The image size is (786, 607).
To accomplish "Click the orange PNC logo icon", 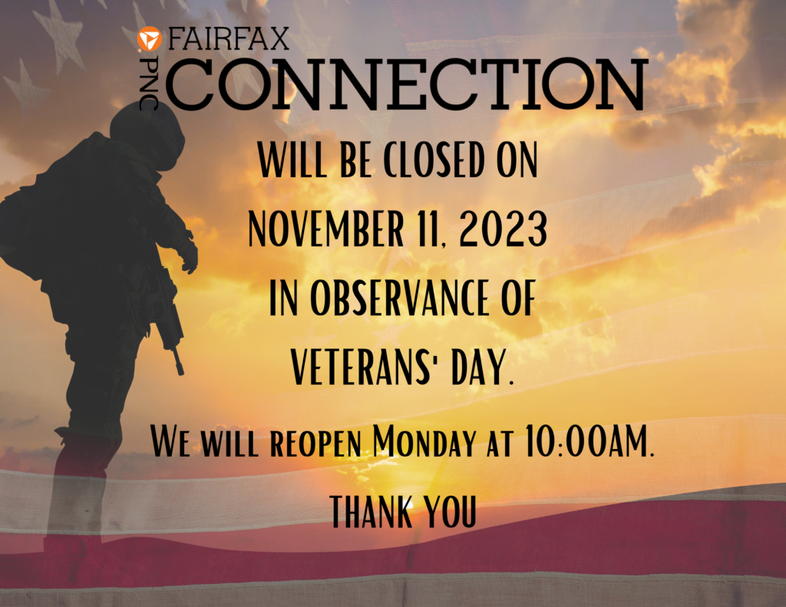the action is (x=150, y=39).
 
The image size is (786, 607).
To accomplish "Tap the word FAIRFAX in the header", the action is (x=229, y=38).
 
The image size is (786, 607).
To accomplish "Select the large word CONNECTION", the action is (x=406, y=84).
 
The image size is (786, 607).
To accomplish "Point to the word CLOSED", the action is (x=434, y=160).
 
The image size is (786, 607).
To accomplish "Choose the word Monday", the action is (x=424, y=441).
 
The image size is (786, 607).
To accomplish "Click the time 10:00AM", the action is (x=589, y=441).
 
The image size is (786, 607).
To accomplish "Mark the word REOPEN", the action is (x=315, y=444).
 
